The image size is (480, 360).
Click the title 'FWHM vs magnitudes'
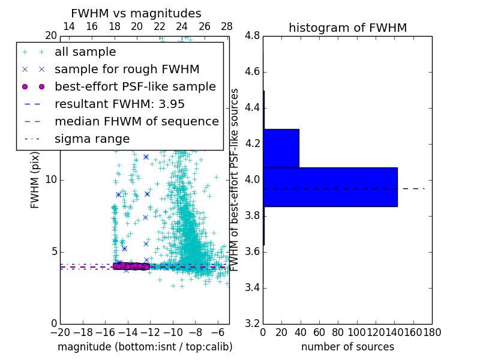[136, 14]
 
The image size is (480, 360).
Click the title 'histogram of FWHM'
[347, 28]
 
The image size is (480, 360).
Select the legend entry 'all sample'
[85, 52]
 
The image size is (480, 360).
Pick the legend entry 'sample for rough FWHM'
[127, 70]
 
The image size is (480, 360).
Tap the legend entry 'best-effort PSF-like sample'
[135, 87]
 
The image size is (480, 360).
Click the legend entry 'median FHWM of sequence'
[136, 121]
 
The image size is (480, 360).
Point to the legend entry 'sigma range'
[92, 139]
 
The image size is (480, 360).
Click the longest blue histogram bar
[330, 187]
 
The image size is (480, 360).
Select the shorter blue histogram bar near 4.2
[281, 148]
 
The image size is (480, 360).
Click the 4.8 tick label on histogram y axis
[252, 36]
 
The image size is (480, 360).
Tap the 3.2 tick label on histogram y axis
[252, 323]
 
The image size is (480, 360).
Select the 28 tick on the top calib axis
[227, 26]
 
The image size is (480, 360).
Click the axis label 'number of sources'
[347, 347]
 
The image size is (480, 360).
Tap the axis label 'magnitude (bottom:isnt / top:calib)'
[145, 347]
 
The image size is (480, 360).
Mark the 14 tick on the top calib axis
[68, 26]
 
